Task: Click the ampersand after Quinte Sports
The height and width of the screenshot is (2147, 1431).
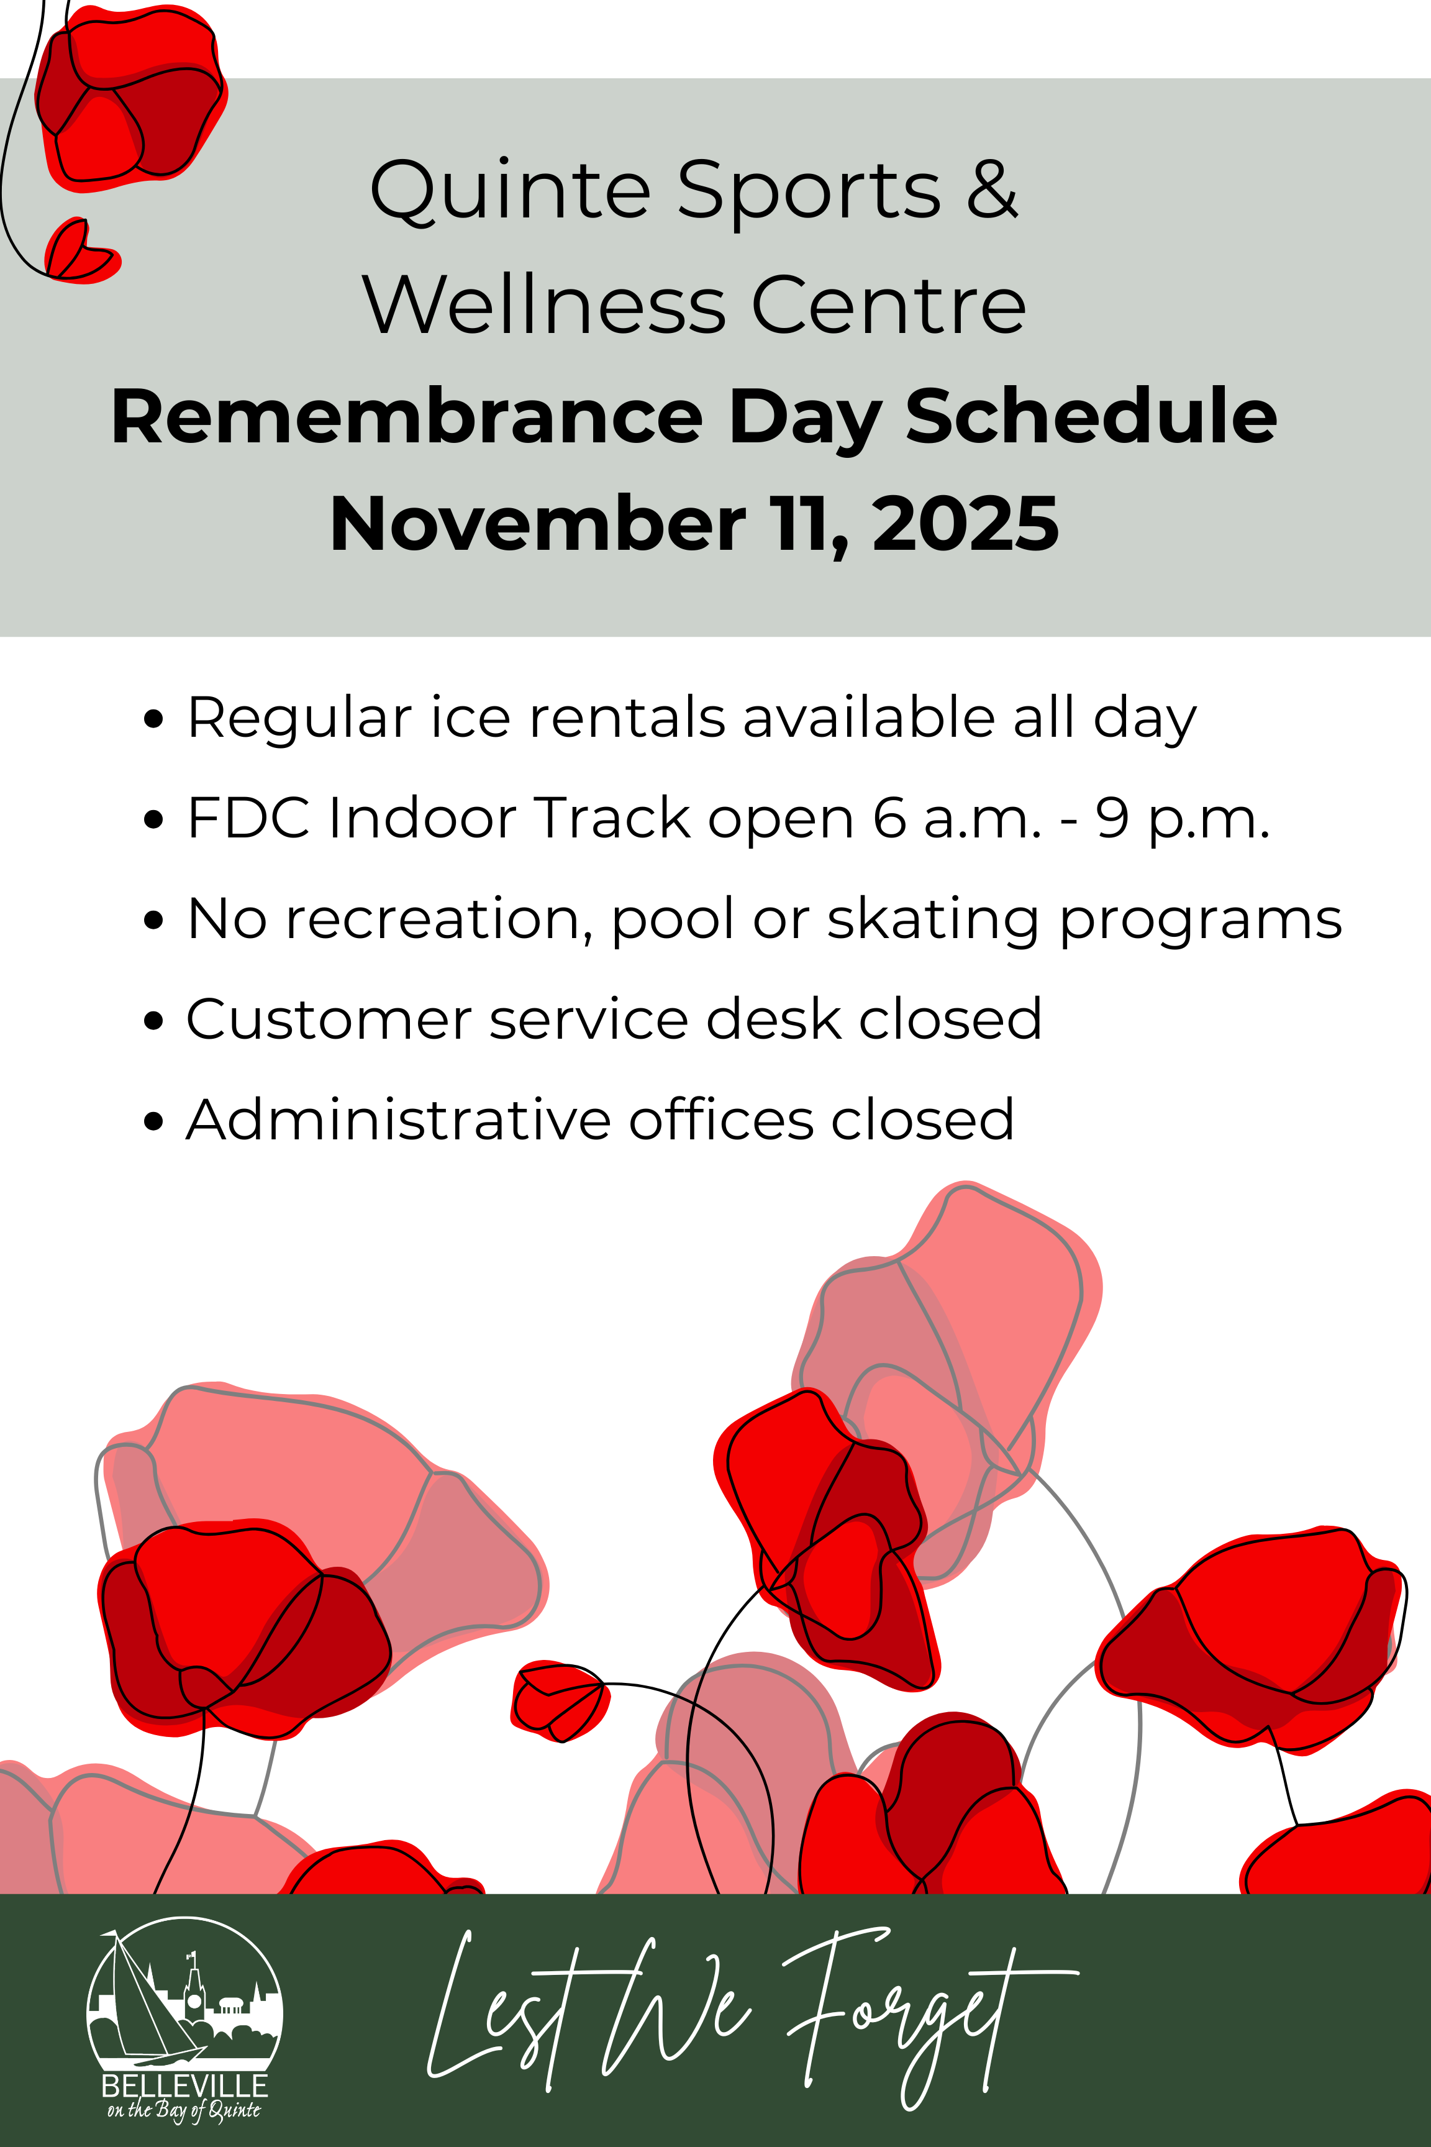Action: click(992, 190)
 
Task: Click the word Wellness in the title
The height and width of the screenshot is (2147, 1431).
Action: click(544, 305)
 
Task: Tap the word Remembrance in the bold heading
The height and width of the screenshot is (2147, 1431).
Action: click(407, 417)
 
